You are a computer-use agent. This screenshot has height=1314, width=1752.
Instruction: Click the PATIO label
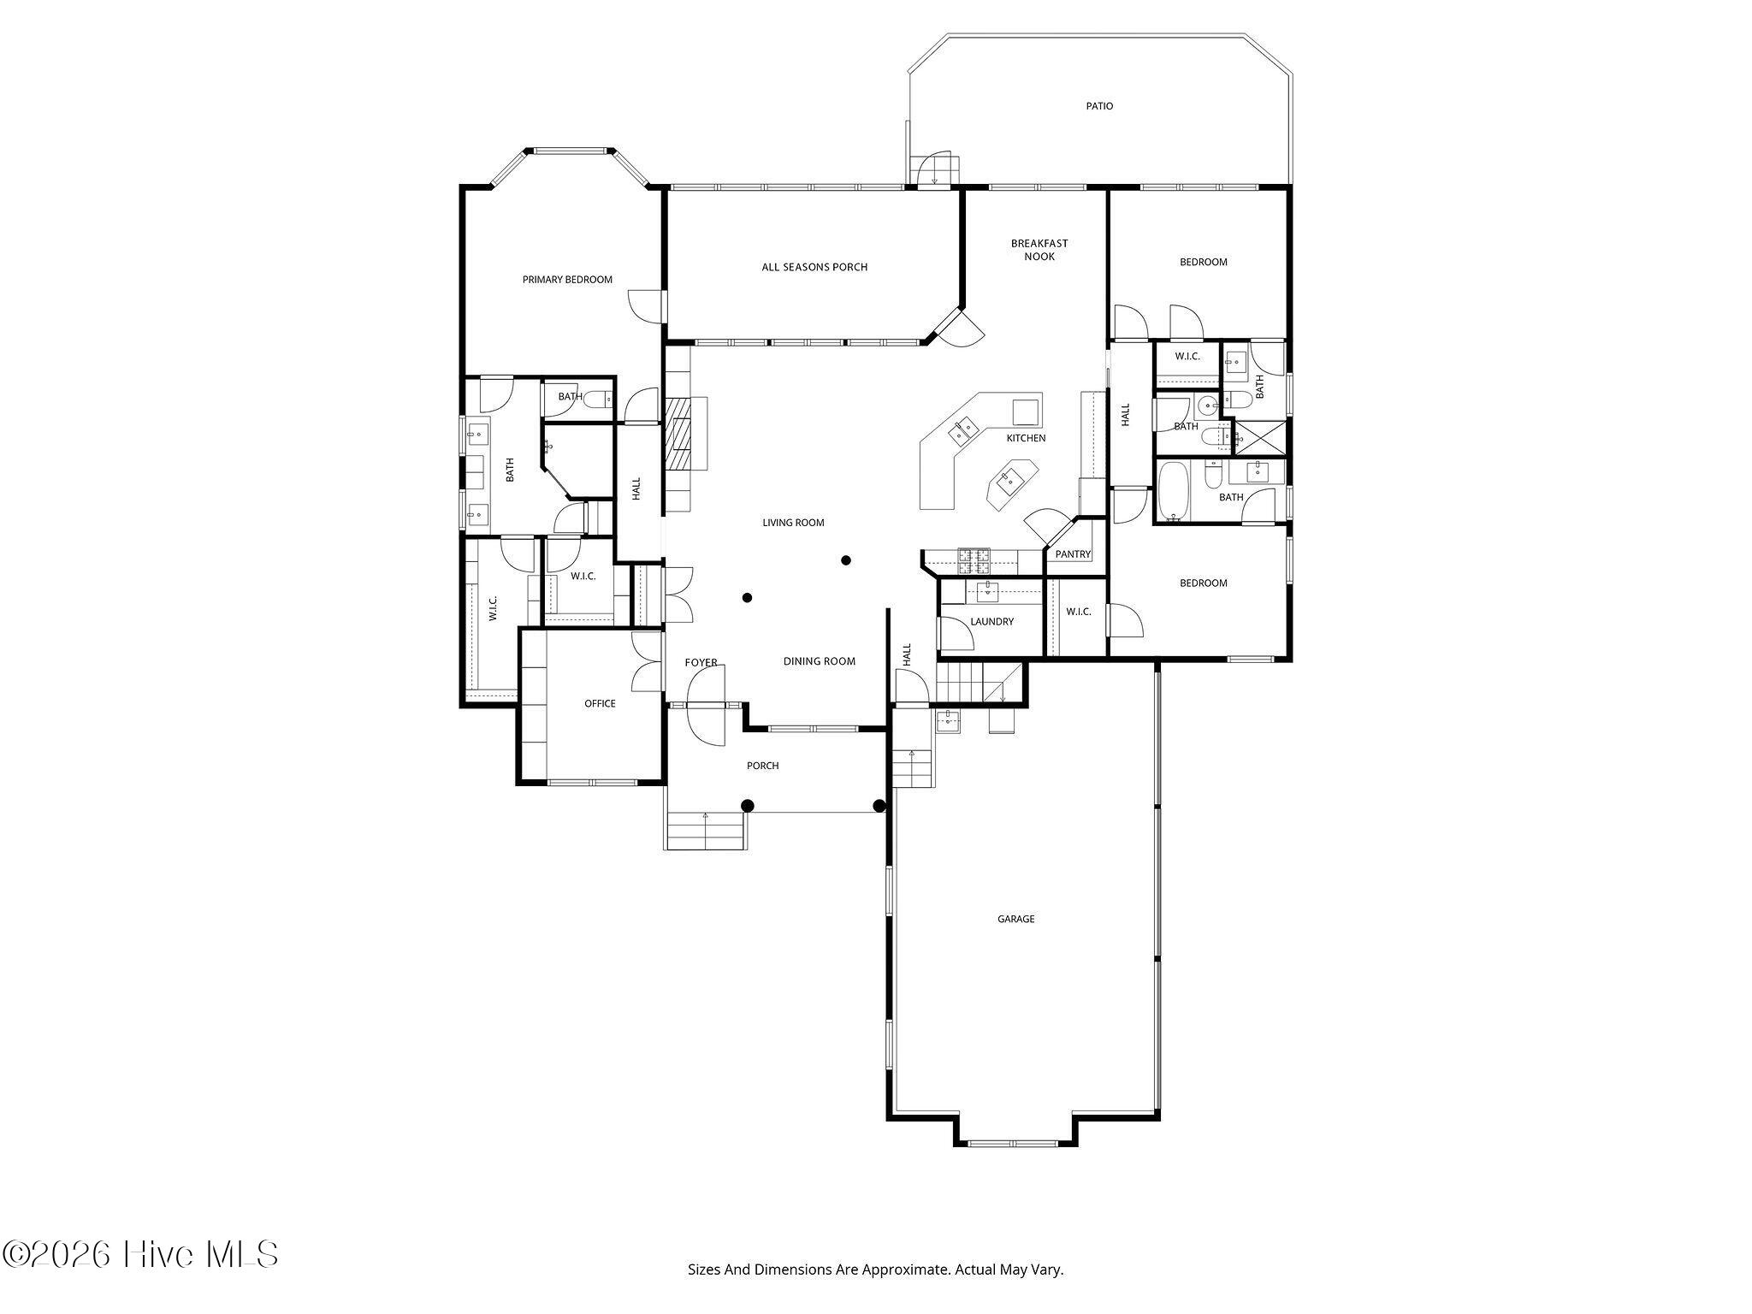click(1099, 106)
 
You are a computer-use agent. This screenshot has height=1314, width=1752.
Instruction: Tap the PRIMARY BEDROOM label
click(567, 280)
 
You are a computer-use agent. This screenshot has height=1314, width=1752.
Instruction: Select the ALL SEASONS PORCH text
click(814, 267)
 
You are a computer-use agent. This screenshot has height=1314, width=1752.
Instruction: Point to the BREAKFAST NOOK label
click(1039, 250)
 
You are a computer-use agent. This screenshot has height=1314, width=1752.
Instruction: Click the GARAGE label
click(1015, 919)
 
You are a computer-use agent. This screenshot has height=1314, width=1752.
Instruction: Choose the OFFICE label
click(600, 703)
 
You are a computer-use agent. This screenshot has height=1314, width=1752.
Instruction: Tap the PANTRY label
click(1073, 554)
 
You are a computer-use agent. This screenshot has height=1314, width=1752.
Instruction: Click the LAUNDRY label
click(992, 621)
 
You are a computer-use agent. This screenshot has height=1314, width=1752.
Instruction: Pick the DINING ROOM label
click(820, 661)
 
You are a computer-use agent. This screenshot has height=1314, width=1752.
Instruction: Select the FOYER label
click(701, 663)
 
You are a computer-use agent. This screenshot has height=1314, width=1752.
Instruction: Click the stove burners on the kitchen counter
click(974, 560)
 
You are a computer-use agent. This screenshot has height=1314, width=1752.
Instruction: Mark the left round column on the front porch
click(747, 805)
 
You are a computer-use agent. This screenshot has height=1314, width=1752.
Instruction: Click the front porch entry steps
click(706, 831)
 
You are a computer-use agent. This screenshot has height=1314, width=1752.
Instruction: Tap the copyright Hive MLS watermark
click(140, 1254)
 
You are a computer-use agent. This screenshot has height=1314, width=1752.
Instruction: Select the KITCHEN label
click(1026, 438)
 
